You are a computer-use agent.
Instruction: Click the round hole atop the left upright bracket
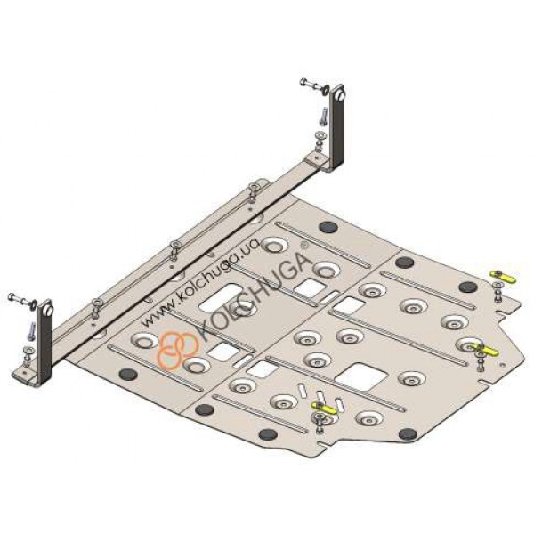pos(49,311)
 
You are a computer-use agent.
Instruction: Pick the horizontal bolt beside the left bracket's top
pos(23,301)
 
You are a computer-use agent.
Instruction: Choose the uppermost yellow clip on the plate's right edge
pos(503,277)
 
